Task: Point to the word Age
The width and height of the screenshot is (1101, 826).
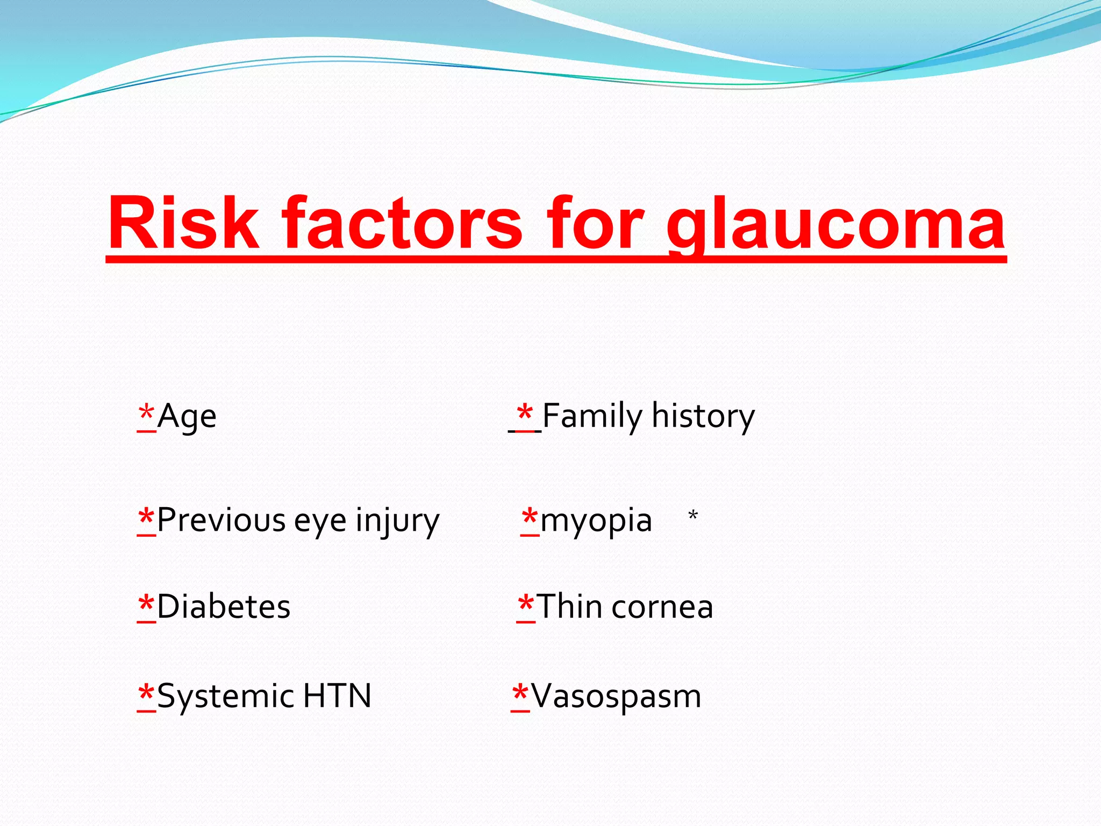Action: [x=187, y=417]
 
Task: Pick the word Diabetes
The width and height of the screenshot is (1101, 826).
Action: [x=224, y=607]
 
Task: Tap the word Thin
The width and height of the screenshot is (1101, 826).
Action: [x=569, y=607]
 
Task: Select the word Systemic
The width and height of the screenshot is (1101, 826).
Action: [x=226, y=697]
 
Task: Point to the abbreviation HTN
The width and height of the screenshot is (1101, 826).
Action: [x=337, y=696]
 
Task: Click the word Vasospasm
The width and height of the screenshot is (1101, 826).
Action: [x=616, y=697]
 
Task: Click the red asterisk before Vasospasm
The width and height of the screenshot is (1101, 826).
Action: [x=520, y=694]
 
